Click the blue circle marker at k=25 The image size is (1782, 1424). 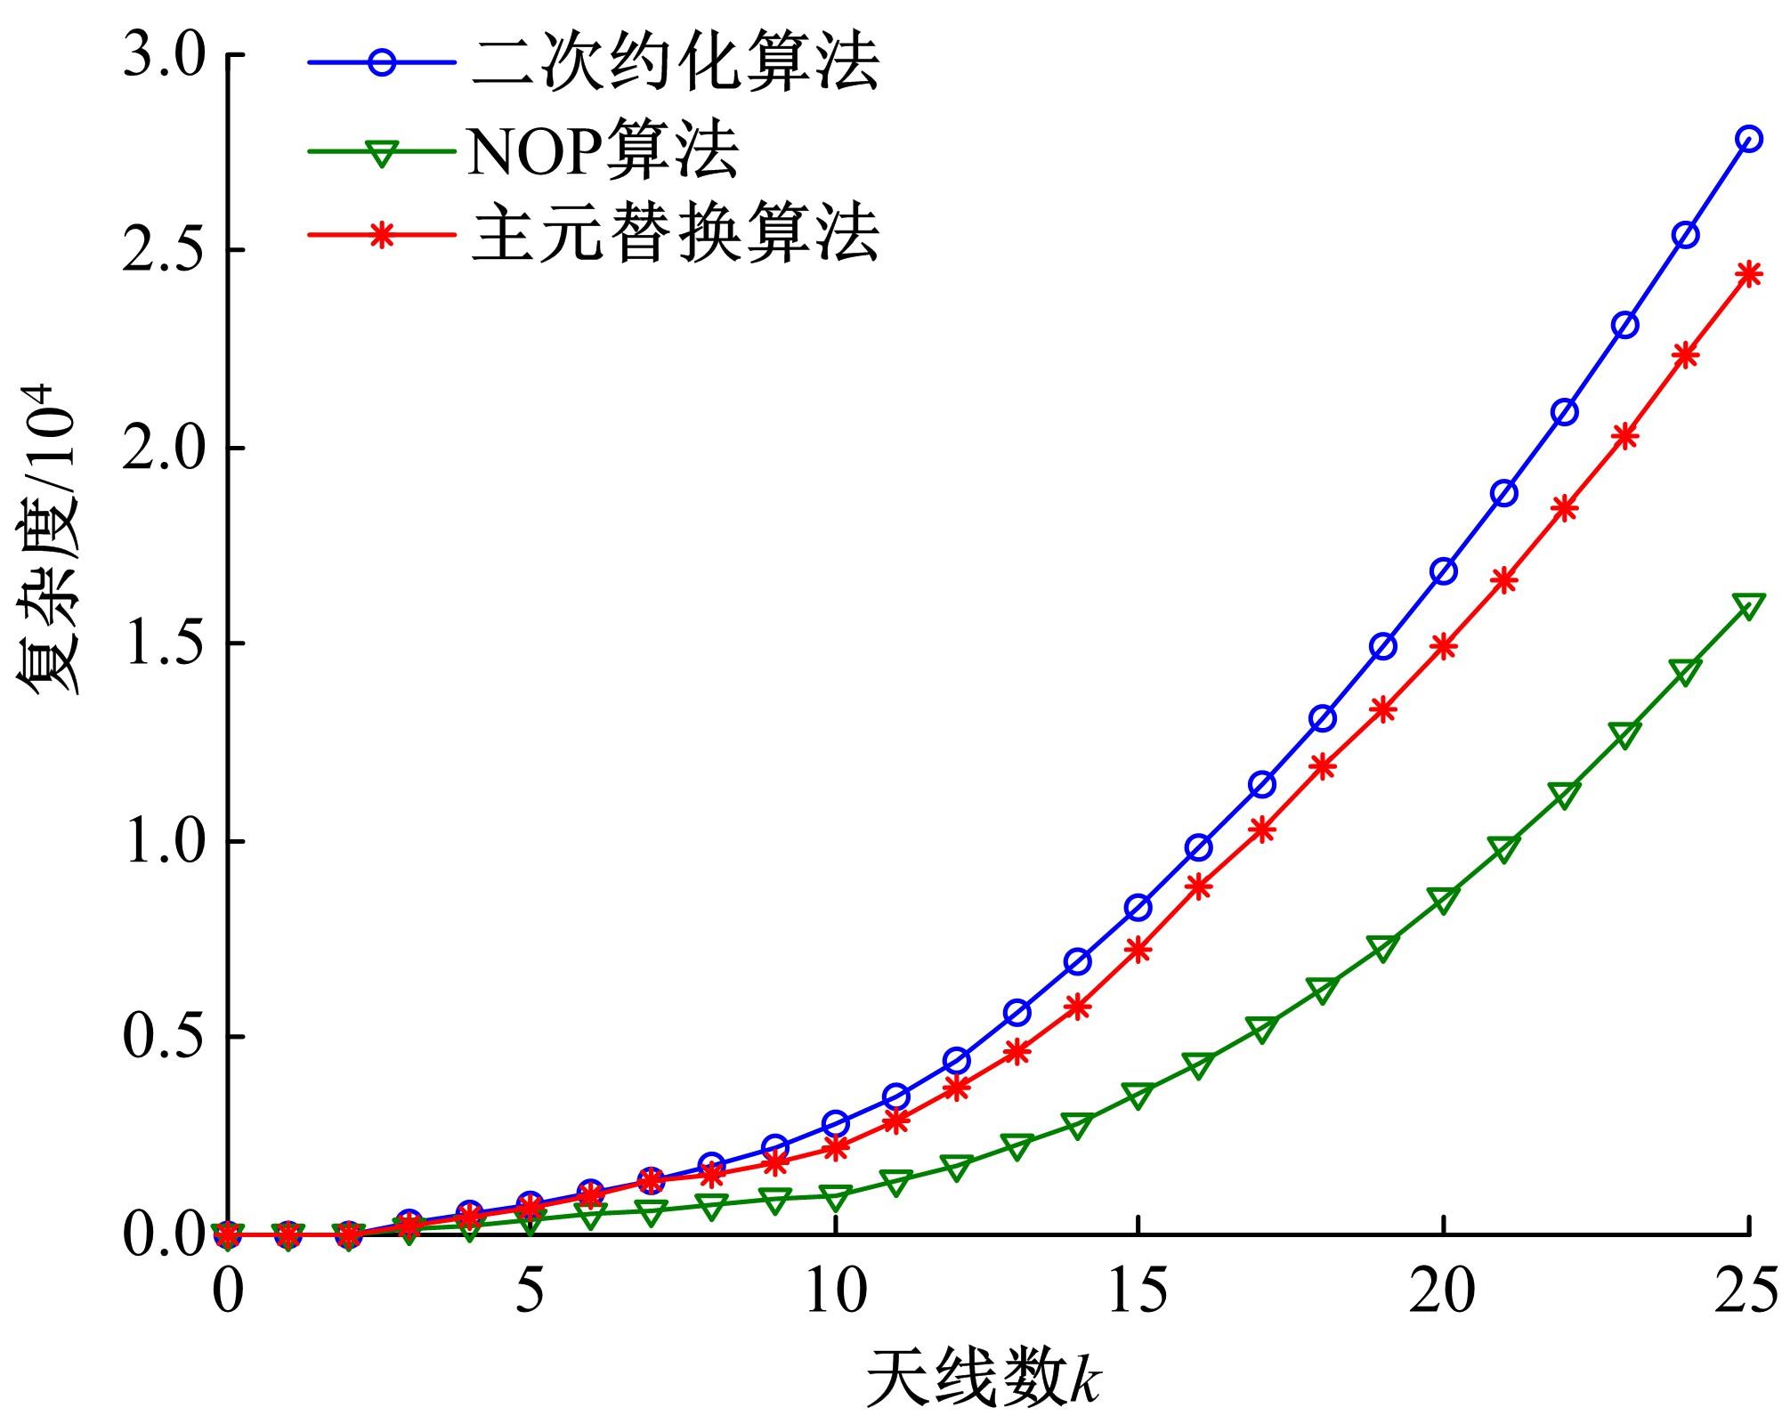(x=1748, y=139)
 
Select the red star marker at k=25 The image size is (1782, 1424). (x=1748, y=273)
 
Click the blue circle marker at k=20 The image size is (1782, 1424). (x=1444, y=571)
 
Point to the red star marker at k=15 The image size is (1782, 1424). (x=1138, y=951)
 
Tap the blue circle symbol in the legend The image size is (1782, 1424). (x=382, y=63)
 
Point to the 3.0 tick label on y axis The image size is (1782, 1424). (x=164, y=56)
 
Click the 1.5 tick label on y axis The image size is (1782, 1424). (x=164, y=645)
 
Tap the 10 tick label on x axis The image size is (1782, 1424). (x=835, y=1294)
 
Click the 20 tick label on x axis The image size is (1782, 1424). (x=1443, y=1294)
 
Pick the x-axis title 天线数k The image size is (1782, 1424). (x=984, y=1379)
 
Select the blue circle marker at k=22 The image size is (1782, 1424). (x=1565, y=412)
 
